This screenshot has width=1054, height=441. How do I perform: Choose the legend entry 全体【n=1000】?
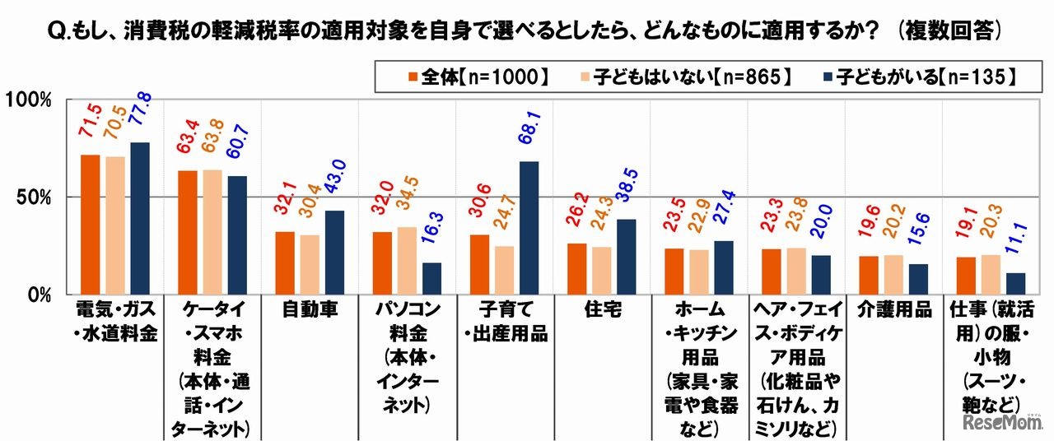pos(478,77)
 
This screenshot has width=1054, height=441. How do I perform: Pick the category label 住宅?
pos(599,310)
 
